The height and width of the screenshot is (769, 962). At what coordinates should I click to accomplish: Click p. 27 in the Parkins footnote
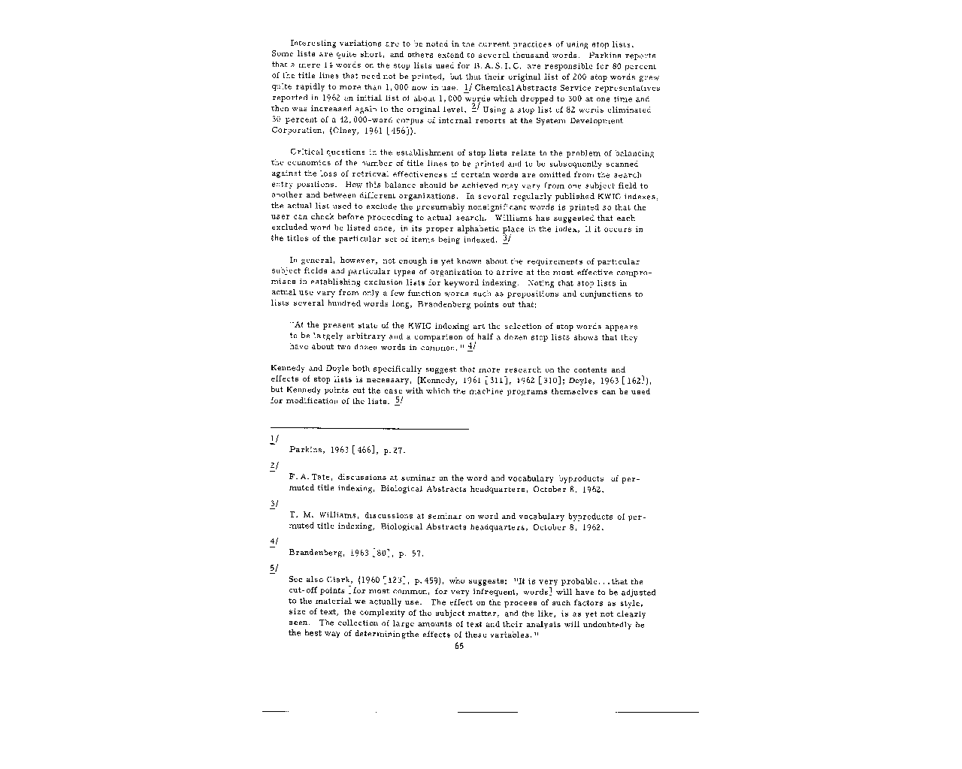pos(394,451)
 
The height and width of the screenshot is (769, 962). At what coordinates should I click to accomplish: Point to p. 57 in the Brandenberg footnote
pos(412,554)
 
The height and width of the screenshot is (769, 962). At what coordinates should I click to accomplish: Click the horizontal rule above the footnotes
pos(369,428)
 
